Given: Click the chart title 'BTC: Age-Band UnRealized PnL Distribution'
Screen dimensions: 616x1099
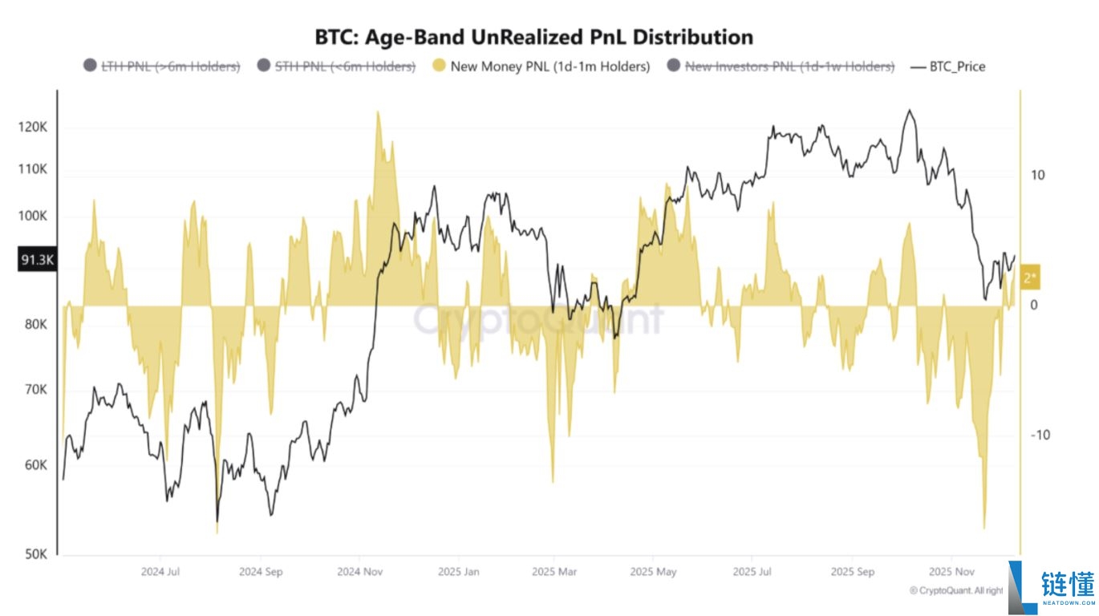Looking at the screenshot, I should (533, 37).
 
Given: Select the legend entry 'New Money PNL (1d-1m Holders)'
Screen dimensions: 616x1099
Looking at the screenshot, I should (541, 67).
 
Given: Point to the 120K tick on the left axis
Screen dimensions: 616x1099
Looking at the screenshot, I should (34, 128).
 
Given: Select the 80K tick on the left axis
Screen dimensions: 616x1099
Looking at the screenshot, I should (36, 325).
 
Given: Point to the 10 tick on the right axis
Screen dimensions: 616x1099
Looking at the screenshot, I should (1036, 176).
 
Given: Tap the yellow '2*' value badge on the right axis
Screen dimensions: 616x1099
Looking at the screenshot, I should (1031, 278).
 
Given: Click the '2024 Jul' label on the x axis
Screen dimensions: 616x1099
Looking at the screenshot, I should (160, 572).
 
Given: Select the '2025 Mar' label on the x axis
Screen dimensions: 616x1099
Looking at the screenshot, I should (554, 572).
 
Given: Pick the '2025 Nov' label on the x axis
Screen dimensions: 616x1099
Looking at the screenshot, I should (951, 572).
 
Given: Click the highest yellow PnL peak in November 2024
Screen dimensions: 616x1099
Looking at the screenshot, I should (377, 113).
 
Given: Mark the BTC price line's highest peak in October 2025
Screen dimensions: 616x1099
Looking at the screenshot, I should (908, 111).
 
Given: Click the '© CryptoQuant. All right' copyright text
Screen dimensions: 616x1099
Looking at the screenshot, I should (955, 590).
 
